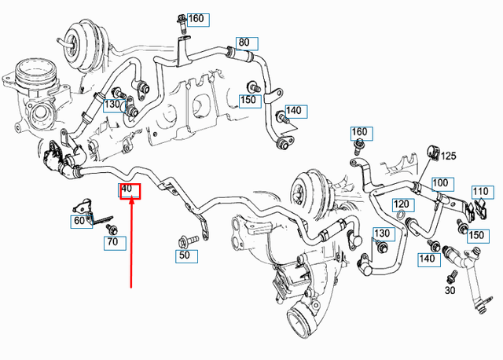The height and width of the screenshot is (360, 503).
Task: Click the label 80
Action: (x=244, y=42)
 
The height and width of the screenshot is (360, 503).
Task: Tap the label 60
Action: (x=79, y=222)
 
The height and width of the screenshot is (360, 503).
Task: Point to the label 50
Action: (x=184, y=255)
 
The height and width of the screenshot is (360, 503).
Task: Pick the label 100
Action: (x=440, y=183)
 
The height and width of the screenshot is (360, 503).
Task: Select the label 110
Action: (x=481, y=191)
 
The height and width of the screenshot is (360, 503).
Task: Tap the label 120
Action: (x=400, y=203)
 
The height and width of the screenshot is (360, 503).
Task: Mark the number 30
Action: (x=450, y=290)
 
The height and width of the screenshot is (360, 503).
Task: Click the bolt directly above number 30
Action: (x=453, y=276)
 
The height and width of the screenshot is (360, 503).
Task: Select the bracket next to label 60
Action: (x=86, y=210)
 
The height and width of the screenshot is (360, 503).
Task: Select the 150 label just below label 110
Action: (x=476, y=234)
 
